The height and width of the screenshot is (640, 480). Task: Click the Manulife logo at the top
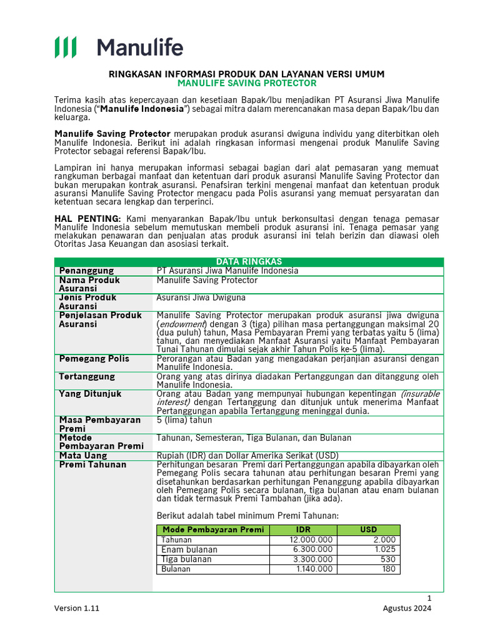pyautogui.click(x=119, y=47)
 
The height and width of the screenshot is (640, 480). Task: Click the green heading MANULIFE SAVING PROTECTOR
pyautogui.click(x=247, y=83)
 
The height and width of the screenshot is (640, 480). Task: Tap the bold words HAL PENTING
pyautogui.click(x=87, y=218)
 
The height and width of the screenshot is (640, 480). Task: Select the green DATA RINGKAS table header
pyautogui.click(x=249, y=262)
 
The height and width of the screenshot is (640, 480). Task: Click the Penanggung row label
pyautogui.click(x=86, y=271)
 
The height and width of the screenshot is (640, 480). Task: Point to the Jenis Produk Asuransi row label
pyautogui.click(x=87, y=302)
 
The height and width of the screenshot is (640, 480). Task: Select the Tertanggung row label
pyautogui.click(x=87, y=377)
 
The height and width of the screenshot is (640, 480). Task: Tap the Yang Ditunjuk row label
pyautogui.click(x=90, y=394)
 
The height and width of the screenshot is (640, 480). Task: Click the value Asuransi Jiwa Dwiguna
pyautogui.click(x=201, y=297)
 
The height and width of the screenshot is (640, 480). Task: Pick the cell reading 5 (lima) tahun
pyautogui.click(x=184, y=421)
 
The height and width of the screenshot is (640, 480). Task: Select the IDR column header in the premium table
pyautogui.click(x=303, y=530)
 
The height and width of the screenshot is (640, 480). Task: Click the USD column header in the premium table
pyautogui.click(x=369, y=530)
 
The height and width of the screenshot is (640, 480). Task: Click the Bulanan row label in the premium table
pyautogui.click(x=176, y=569)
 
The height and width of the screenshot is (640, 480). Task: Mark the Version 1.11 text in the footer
pyautogui.click(x=76, y=608)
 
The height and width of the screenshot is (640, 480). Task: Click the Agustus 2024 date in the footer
pyautogui.click(x=407, y=608)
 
